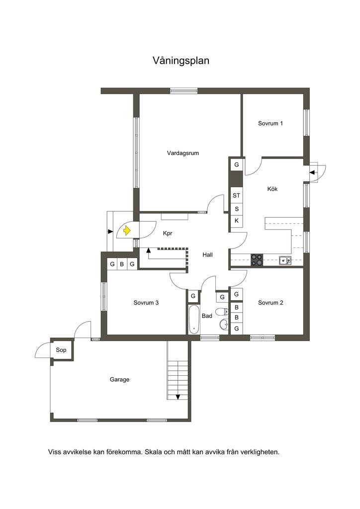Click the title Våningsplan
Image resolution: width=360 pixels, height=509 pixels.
[x=181, y=61]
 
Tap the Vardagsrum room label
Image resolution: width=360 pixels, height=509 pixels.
[x=183, y=153]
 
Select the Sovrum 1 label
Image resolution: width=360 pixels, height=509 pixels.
[x=270, y=123]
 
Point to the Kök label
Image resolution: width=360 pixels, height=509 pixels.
[x=272, y=188]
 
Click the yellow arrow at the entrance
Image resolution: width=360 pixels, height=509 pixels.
[x=127, y=231]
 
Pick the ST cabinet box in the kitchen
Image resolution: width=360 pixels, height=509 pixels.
[x=236, y=195]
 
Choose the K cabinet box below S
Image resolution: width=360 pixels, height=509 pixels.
[x=236, y=221]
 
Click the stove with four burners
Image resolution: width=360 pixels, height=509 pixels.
[x=257, y=260]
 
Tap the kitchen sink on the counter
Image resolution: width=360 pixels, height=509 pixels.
[x=285, y=260]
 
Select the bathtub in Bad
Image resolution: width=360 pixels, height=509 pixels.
[x=194, y=320]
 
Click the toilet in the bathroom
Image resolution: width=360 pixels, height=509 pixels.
[x=222, y=312]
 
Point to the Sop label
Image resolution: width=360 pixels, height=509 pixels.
[x=61, y=349]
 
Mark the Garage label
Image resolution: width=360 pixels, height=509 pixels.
[x=119, y=379]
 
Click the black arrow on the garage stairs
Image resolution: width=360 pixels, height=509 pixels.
[x=178, y=397]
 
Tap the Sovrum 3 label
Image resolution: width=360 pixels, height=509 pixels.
[x=146, y=303]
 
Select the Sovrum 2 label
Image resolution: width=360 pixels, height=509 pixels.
[x=270, y=303]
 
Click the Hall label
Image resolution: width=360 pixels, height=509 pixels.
[x=207, y=255]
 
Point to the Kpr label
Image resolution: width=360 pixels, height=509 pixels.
[x=168, y=233]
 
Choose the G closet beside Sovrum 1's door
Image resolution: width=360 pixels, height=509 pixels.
[x=236, y=165]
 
